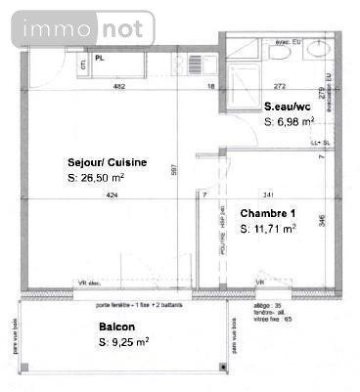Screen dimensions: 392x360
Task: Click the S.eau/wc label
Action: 290,105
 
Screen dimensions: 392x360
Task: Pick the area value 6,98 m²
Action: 294,120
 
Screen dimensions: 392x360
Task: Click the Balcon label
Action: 116,327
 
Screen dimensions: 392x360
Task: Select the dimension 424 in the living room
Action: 112,196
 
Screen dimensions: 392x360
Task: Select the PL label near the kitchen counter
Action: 101,58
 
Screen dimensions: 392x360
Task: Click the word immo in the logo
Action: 44,29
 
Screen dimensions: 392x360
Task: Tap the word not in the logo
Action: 123,29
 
